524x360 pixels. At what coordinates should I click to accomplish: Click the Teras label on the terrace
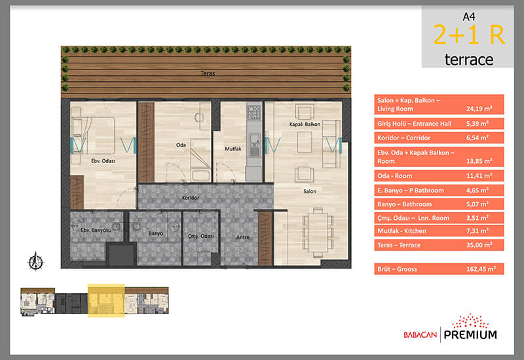(208, 73)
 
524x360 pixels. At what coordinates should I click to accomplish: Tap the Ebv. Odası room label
(103, 161)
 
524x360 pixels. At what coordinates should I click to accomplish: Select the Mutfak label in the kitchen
(233, 149)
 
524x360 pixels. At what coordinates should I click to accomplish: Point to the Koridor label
(191, 198)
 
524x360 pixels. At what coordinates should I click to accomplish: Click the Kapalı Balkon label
(305, 124)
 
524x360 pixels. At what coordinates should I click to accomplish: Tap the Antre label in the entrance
(243, 237)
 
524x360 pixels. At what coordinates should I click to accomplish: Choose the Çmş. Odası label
(200, 236)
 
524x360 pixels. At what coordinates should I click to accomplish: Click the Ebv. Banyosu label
(96, 230)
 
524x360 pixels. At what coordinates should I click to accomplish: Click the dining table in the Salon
(318, 232)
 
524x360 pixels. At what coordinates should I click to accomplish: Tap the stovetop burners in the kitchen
(254, 112)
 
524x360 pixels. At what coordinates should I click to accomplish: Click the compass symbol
(35, 261)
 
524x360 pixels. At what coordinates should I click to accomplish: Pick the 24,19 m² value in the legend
(479, 109)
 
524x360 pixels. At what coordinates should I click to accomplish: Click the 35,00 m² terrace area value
(479, 245)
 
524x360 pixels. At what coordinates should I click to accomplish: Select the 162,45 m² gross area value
(481, 269)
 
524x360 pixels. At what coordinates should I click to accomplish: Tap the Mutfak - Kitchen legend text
(402, 231)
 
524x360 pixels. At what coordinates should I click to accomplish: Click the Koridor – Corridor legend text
(403, 137)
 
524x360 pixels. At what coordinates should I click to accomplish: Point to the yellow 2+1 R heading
(469, 35)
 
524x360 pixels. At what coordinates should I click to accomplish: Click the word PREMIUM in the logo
(470, 334)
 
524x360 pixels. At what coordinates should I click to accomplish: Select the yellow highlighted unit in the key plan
(106, 300)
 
